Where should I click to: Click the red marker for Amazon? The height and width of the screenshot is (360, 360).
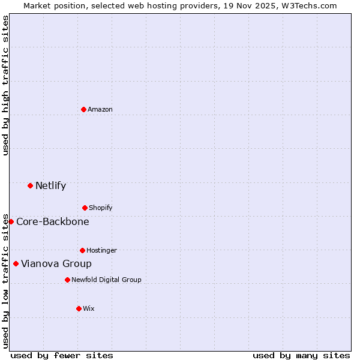click(x=83, y=109)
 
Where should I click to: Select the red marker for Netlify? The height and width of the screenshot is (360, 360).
click(x=30, y=185)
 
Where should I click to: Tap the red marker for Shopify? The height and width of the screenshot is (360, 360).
click(x=85, y=208)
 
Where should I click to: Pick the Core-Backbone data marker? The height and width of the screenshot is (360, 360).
click(x=11, y=221)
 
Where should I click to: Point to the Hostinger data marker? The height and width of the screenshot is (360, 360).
click(x=82, y=250)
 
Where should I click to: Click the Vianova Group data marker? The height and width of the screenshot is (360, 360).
click(x=16, y=263)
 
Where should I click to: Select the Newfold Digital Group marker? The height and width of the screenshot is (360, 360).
click(x=67, y=280)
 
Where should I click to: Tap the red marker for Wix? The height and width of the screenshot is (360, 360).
click(x=79, y=308)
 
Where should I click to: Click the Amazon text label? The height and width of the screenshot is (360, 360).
click(x=100, y=109)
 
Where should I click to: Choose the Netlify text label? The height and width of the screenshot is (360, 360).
click(x=50, y=185)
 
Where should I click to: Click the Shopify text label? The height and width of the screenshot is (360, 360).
click(x=101, y=208)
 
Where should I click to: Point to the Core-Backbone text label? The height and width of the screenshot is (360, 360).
click(x=53, y=221)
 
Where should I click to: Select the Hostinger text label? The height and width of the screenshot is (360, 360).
click(x=102, y=250)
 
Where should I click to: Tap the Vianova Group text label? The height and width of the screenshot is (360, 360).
click(x=56, y=263)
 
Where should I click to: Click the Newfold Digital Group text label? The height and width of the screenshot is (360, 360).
click(x=107, y=280)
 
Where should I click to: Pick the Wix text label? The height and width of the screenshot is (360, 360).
click(x=89, y=308)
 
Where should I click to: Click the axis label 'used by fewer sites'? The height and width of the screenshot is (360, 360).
click(x=62, y=355)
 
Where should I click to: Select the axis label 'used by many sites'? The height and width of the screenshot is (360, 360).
click(x=301, y=355)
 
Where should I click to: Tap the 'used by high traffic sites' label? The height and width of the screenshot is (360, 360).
click(x=5, y=85)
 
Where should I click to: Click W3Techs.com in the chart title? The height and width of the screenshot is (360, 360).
click(x=310, y=5)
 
